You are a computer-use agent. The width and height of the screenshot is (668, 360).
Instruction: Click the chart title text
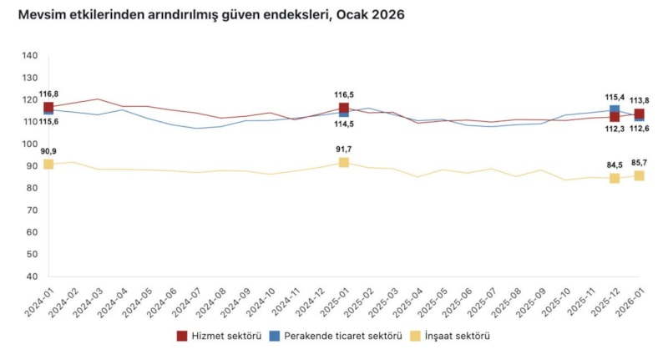(205, 16)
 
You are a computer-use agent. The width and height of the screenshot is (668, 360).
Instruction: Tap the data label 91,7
(343, 150)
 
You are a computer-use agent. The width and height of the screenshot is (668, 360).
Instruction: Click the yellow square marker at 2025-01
(343, 162)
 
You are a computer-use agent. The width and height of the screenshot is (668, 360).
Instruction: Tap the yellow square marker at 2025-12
(615, 178)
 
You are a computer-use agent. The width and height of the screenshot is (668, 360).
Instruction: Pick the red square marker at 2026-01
(639, 114)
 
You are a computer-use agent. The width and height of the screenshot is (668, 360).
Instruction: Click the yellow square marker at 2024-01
(48, 164)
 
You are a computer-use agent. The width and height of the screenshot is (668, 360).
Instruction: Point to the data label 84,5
(615, 165)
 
